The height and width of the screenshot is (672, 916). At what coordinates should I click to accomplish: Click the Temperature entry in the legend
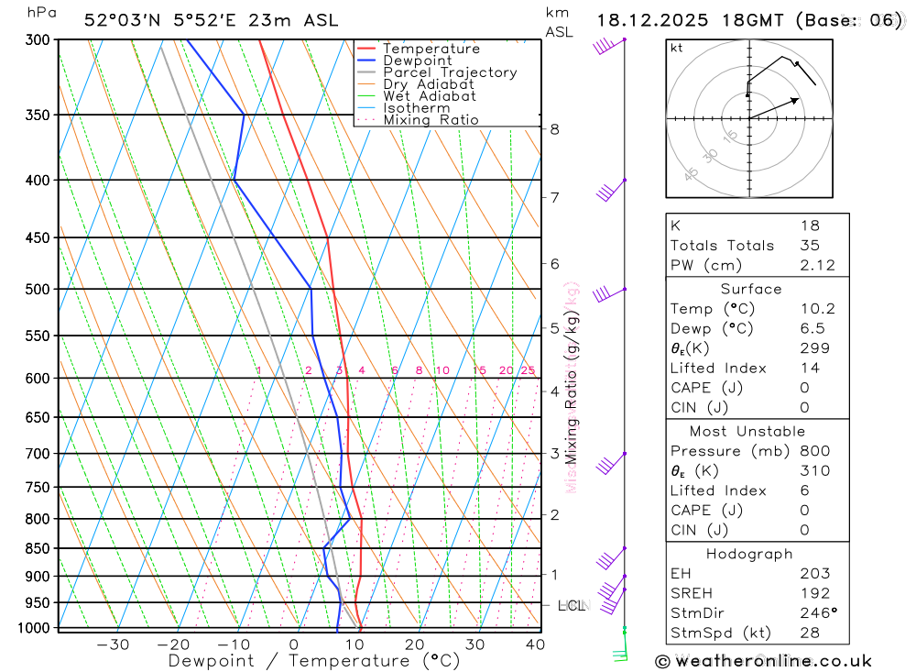point(431,49)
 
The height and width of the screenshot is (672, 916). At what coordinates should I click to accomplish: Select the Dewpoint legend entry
point(418,61)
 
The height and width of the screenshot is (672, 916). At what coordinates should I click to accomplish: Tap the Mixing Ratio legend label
point(431,119)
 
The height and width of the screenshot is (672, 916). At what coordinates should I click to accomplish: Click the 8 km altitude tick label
point(554,129)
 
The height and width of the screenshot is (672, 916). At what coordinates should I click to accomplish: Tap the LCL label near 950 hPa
point(571,605)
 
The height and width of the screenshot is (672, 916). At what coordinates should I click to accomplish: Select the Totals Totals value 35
point(810,246)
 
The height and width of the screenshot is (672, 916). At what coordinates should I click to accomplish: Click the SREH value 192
point(813,593)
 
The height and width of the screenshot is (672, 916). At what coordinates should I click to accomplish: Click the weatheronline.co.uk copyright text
point(764,661)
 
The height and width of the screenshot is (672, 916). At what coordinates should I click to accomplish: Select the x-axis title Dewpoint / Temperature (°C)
point(314,660)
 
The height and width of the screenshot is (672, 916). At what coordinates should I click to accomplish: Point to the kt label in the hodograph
point(677,48)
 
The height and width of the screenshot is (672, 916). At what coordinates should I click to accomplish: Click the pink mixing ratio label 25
point(528,370)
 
